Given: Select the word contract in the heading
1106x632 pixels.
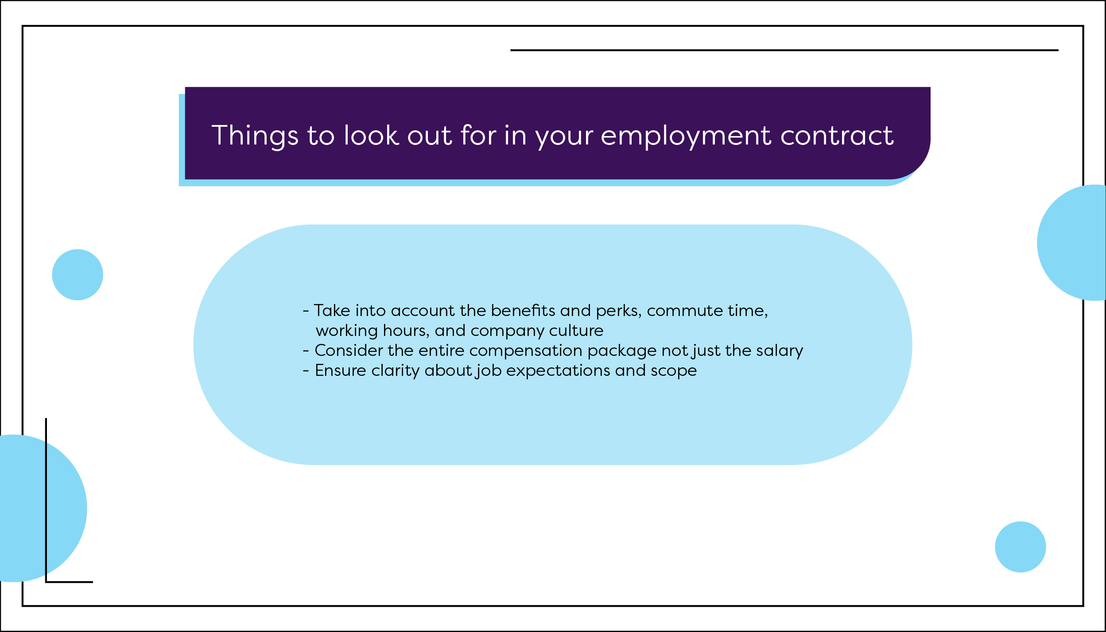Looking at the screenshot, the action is pos(837,135).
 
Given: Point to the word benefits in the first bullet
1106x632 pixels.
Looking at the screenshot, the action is pos(523,310).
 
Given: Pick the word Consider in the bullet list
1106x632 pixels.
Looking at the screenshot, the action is pos(349,351).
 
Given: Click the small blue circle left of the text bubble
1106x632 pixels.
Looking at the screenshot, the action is pos(78,275).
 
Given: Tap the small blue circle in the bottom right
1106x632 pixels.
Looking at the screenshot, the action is pos(1021,547).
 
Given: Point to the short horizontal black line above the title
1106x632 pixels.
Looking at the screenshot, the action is pos(784,50).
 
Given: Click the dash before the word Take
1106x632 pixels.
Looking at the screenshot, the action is pos(306,311).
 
